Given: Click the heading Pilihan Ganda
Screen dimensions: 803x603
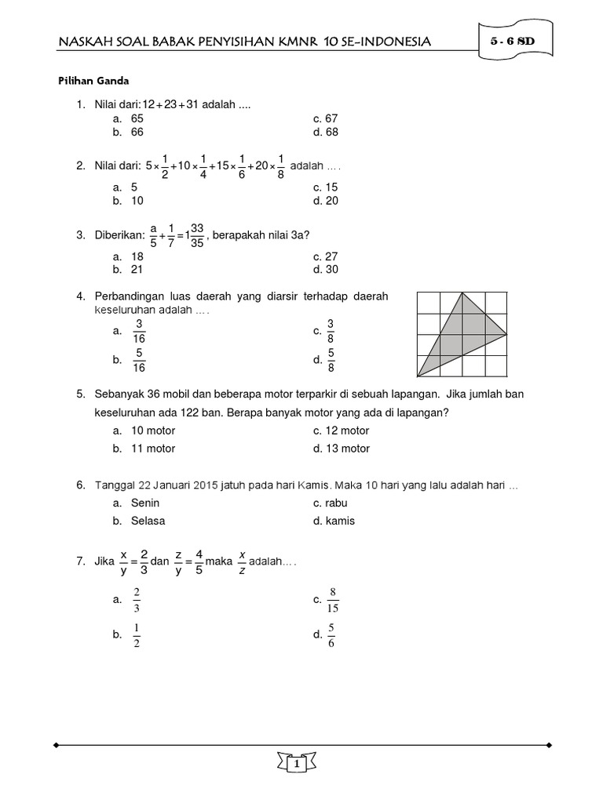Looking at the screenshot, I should (93, 80).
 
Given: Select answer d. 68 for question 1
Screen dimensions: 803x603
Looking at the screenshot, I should (325, 132).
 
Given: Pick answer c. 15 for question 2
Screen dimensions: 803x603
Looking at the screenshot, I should (325, 187).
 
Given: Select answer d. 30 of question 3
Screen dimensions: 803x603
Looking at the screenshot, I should (325, 269).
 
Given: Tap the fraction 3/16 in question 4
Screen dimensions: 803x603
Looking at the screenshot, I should (139, 331).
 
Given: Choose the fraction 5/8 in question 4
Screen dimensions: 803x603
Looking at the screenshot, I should (331, 360).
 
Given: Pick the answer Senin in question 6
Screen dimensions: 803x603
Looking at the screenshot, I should (145, 503).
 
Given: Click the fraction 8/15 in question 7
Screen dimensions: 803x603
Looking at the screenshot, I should (333, 600).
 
